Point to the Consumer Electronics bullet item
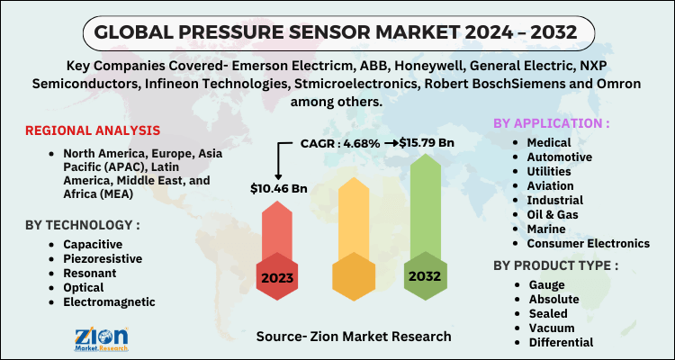tap(588, 242)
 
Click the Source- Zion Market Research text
tap(355, 336)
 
